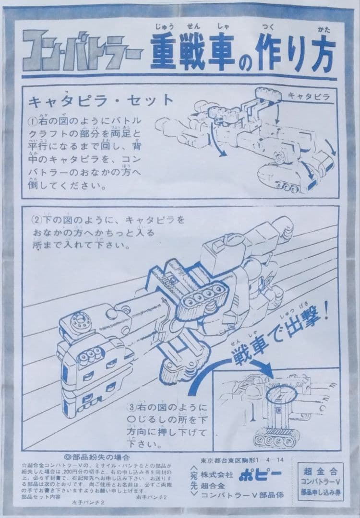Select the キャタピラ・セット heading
[x=101, y=101]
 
